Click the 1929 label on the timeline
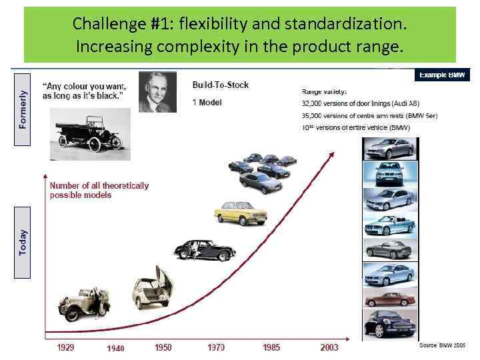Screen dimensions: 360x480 pyautogui.click(x=65, y=347)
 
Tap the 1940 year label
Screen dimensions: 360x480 pyautogui.click(x=115, y=348)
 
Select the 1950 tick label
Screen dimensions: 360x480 pyautogui.click(x=163, y=347)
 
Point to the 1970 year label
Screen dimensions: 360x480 pyautogui.click(x=216, y=347)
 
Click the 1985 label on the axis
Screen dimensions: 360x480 pyautogui.click(x=271, y=347)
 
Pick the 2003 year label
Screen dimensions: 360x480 pyautogui.click(x=329, y=347)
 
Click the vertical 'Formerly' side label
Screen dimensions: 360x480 pyautogui.click(x=23, y=109)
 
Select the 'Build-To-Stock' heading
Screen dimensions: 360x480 pyautogui.click(x=220, y=85)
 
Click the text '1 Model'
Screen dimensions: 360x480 pyautogui.click(x=207, y=102)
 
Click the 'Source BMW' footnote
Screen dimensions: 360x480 pyautogui.click(x=443, y=345)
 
